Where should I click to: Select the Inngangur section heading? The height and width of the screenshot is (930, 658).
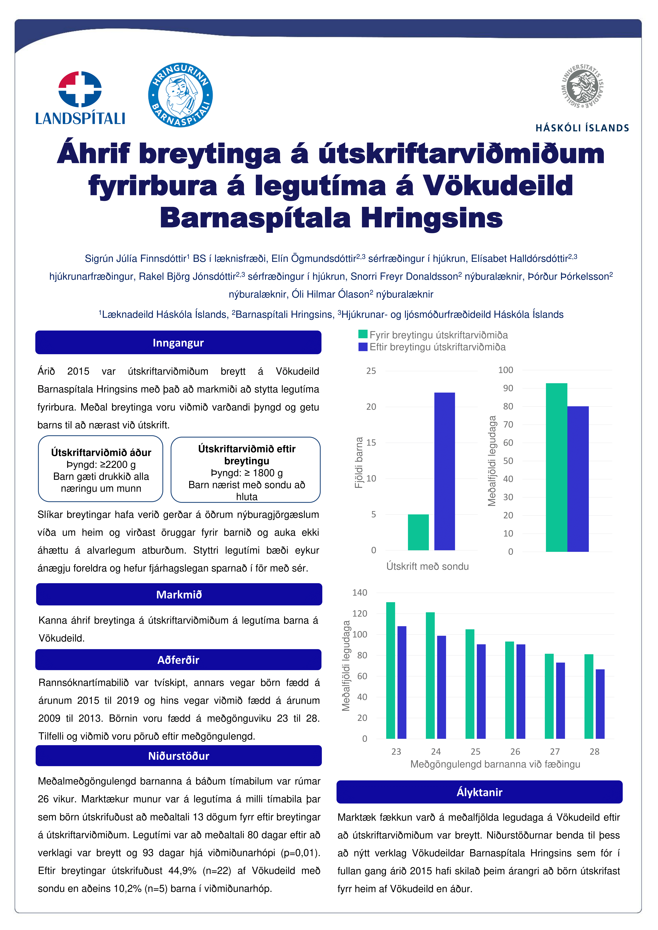pyautogui.click(x=178, y=343)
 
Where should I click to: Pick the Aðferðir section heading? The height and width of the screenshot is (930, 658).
pyautogui.click(x=178, y=660)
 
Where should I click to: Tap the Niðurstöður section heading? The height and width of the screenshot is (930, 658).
pyautogui.click(x=179, y=756)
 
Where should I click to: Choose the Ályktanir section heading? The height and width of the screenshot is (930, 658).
pyautogui.click(x=479, y=792)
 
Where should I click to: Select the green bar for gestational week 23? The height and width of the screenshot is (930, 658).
pyautogui.click(x=391, y=670)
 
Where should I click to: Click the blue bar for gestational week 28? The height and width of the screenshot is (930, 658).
pyautogui.click(x=600, y=704)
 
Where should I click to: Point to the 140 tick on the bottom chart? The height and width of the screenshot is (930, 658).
pyautogui.click(x=360, y=593)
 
